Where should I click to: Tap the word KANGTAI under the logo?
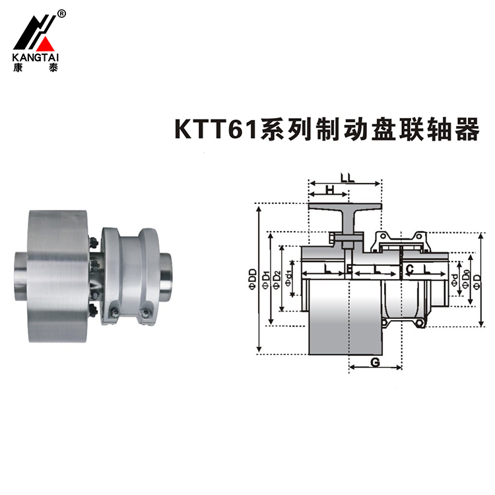coord(35,57)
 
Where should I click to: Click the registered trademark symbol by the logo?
coord(61,13)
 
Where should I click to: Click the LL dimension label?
coord(348,178)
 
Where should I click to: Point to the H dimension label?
coord(327,191)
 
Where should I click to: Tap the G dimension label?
coord(374,361)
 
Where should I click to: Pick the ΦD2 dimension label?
coord(277,280)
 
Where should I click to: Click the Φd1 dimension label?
coord(288,280)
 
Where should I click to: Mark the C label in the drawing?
coord(409,269)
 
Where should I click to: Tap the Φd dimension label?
coord(455,280)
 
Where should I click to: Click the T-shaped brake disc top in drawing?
coord(345,208)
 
